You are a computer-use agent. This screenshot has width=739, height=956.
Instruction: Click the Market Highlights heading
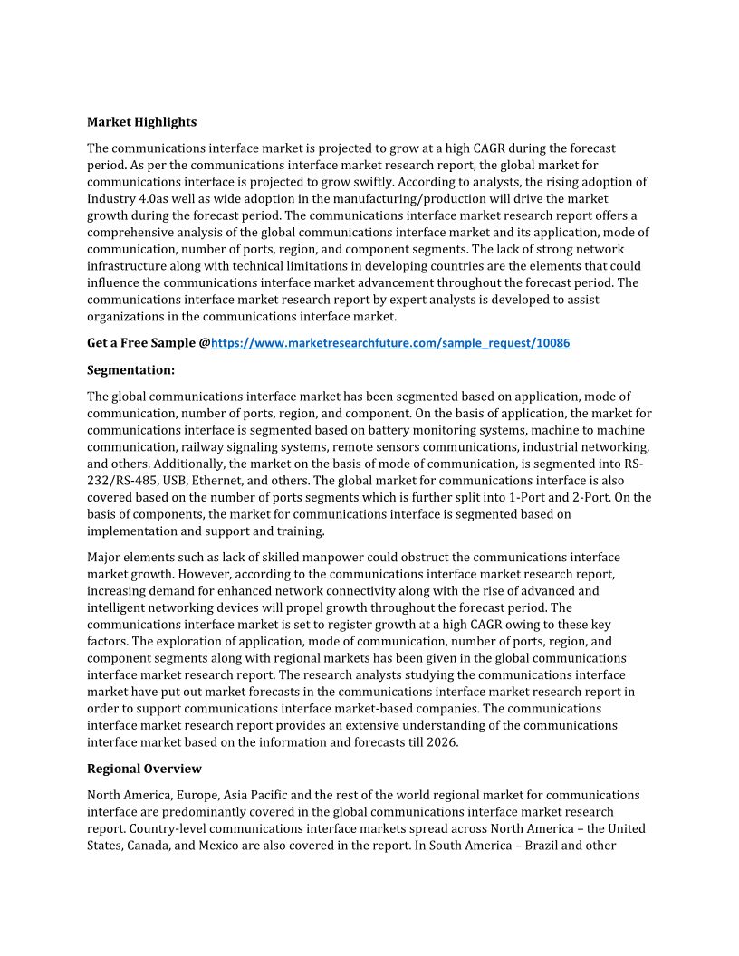[x=141, y=121]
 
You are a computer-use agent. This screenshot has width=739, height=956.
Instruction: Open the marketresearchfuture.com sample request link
[x=390, y=343]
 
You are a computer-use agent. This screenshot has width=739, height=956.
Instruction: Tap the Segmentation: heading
[x=130, y=369]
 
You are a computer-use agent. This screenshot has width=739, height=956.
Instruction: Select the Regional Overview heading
[x=144, y=769]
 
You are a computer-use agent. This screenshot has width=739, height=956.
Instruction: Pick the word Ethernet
[x=270, y=481]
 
